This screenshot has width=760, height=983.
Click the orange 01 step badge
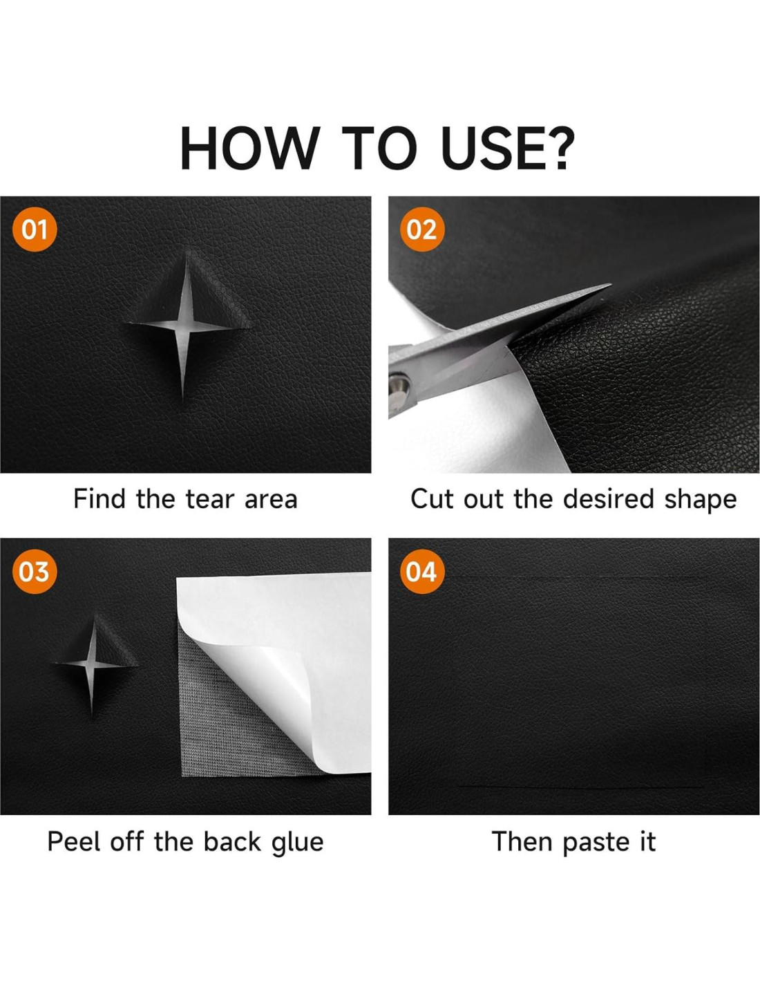click(x=35, y=230)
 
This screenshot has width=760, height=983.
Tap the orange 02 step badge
click(x=422, y=230)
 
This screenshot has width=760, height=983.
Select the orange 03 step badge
click(x=35, y=572)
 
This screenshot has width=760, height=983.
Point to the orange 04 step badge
click(x=422, y=572)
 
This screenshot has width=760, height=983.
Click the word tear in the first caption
click(x=211, y=500)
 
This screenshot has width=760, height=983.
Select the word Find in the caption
click(x=99, y=499)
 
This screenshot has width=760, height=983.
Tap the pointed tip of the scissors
click(x=609, y=285)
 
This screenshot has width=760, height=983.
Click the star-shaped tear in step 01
click(x=187, y=325)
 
